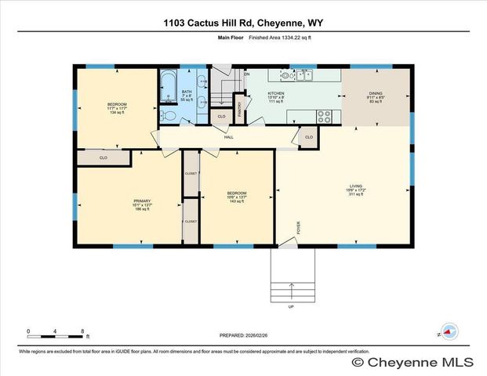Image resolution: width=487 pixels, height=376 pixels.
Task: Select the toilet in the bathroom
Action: [165, 115]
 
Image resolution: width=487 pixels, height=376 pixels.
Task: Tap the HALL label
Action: [229, 137]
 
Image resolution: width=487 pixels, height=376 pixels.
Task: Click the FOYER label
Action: [298, 228]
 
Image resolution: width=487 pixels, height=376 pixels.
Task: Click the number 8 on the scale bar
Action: [82, 331]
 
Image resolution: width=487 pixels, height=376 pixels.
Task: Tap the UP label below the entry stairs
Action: [291, 306]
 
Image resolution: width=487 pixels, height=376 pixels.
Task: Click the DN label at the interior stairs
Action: [245, 74]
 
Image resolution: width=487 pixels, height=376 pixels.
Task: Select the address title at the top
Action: [243, 23]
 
